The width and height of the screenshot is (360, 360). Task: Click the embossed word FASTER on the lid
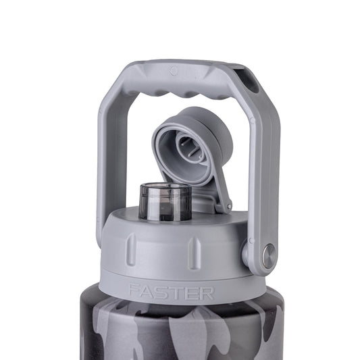pyautogui.click(x=172, y=292)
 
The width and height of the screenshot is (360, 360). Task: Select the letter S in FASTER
pyautogui.click(x=165, y=292)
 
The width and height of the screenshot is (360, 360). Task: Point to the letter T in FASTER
pyautogui.click(x=179, y=292)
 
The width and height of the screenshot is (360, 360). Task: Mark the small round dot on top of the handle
pyautogui.click(x=174, y=70)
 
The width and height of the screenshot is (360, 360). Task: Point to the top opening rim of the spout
pyautogui.click(x=164, y=186)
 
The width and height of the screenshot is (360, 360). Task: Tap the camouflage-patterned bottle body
pyautogui.click(x=176, y=331)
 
